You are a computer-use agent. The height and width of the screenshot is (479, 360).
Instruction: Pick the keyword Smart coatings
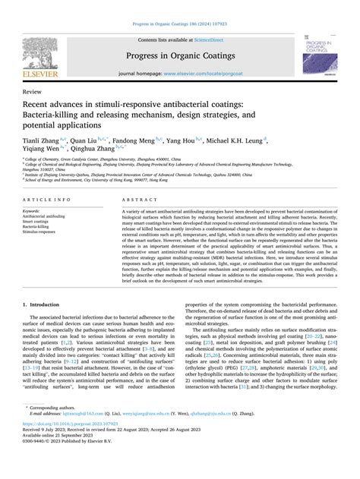coord(39,221)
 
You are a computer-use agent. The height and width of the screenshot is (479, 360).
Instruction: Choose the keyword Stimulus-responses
coord(43,231)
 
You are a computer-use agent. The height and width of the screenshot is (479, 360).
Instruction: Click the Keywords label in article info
coord(36,210)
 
